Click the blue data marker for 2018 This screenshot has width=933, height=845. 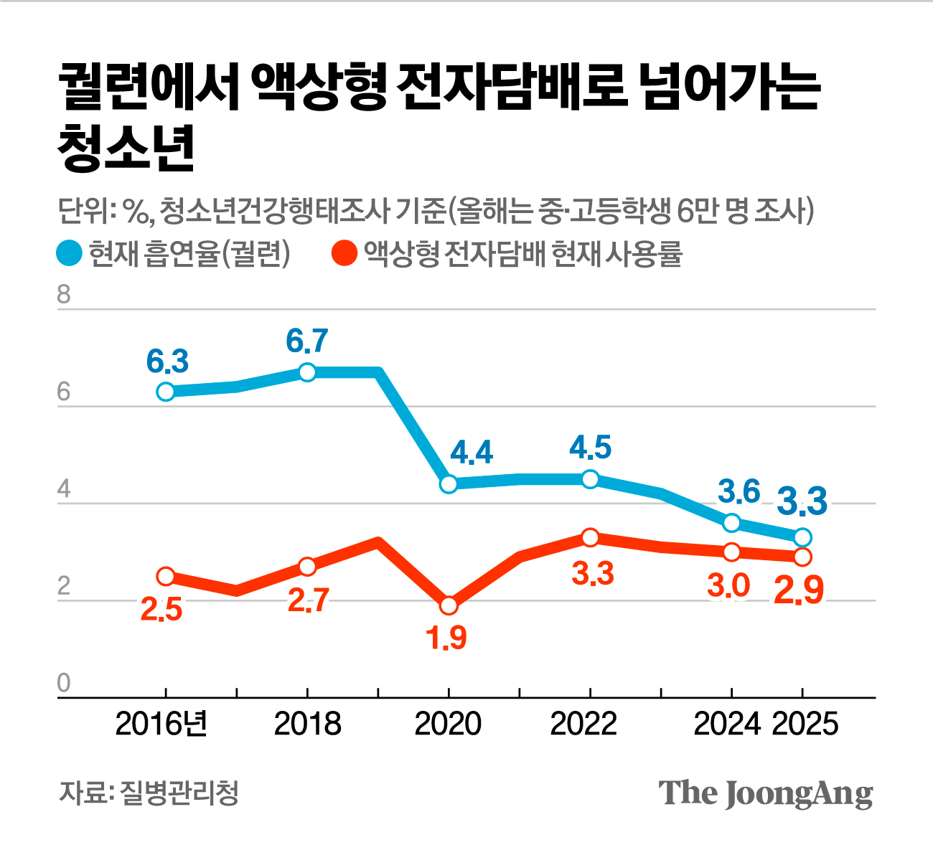pyautogui.click(x=307, y=372)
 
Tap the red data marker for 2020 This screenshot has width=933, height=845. pyautogui.click(x=449, y=605)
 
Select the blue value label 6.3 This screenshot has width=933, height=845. pyautogui.click(x=167, y=362)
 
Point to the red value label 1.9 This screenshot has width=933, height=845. pyautogui.click(x=447, y=638)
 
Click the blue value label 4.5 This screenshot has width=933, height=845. pyautogui.click(x=590, y=447)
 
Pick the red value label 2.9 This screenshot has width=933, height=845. pyautogui.click(x=798, y=591)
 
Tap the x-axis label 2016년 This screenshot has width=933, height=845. pyautogui.click(x=161, y=724)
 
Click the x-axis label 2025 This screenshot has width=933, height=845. pyautogui.click(x=805, y=724)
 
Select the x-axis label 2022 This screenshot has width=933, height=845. pyautogui.click(x=583, y=724)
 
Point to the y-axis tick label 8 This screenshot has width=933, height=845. pyautogui.click(x=64, y=295)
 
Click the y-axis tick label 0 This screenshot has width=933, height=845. pyautogui.click(x=64, y=683)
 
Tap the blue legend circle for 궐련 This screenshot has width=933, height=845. pyautogui.click(x=70, y=253)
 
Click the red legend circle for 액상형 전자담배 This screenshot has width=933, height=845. pyautogui.click(x=344, y=253)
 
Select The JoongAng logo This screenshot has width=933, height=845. pyautogui.click(x=766, y=793)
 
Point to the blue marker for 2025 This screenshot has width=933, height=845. pyautogui.click(x=802, y=537)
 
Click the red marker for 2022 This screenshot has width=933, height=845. pyautogui.click(x=590, y=537)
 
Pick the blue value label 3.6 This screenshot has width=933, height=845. pyautogui.click(x=739, y=492)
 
